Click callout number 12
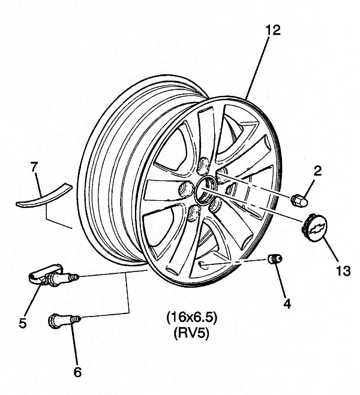pyautogui.click(x=273, y=30)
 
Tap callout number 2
pyautogui.click(x=318, y=171)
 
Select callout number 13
pyautogui.click(x=343, y=271)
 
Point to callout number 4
pyautogui.click(x=287, y=303)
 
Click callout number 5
pyautogui.click(x=23, y=323)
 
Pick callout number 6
pyautogui.click(x=77, y=372)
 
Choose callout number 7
pyautogui.click(x=34, y=167)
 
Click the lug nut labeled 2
pyautogui.click(x=299, y=200)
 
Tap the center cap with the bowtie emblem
pyautogui.click(x=314, y=228)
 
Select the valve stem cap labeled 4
pyautogui.click(x=275, y=259)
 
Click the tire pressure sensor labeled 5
pyautogui.click(x=53, y=276)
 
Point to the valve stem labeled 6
pyautogui.click(x=64, y=320)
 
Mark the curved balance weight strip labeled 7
pyautogui.click(x=44, y=195)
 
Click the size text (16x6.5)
pyautogui.click(x=191, y=318)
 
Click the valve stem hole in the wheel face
pyautogui.click(x=202, y=264)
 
